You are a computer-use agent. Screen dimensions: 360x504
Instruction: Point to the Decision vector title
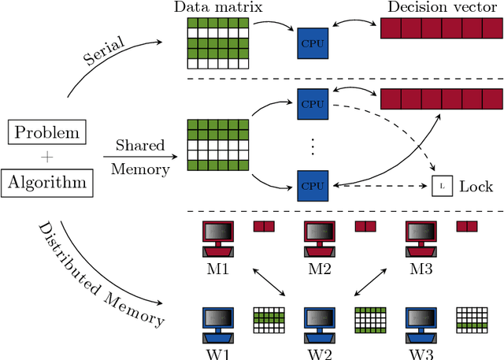[x=440, y=7]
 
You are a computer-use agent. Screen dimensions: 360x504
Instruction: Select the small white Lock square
[x=442, y=186]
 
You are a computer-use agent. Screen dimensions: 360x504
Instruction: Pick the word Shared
[x=140, y=146]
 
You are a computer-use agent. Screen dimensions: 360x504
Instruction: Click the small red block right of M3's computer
[x=467, y=227]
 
